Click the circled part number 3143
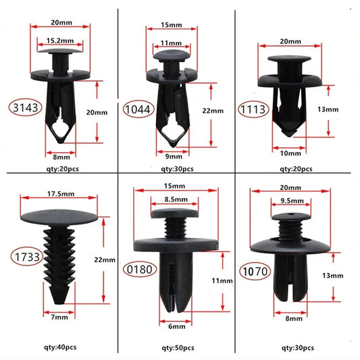click(22, 107)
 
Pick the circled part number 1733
click(23, 256)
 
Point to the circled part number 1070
click(254, 272)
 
